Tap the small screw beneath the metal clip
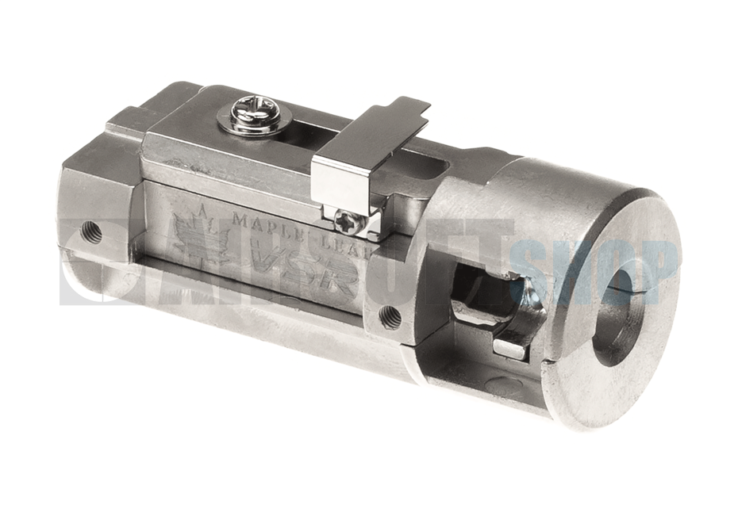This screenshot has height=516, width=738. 349,221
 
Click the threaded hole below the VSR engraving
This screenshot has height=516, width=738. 389,315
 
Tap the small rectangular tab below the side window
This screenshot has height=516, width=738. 509,347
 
